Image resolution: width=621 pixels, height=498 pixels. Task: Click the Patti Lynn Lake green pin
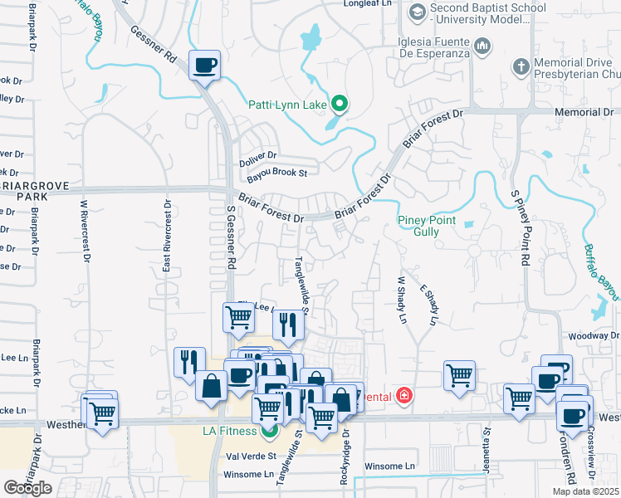(339, 105)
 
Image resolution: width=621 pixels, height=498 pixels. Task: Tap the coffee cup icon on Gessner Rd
(204, 64)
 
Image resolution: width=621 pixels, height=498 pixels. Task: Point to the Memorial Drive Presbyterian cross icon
(521, 66)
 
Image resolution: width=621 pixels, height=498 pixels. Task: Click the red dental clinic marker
(404, 396)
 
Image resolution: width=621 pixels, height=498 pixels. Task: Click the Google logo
(28, 488)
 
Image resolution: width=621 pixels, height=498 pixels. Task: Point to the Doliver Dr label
(257, 155)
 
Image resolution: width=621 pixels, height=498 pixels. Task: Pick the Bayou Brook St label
(276, 173)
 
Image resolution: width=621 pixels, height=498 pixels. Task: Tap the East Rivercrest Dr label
(167, 237)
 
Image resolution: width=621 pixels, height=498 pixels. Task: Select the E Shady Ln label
(428, 305)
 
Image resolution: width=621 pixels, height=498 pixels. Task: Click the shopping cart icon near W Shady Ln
(459, 375)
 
